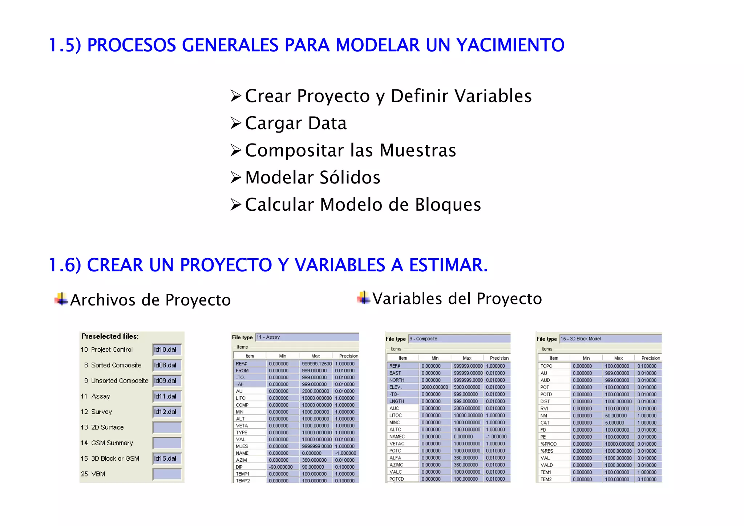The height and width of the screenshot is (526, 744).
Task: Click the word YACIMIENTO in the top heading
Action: point(510,45)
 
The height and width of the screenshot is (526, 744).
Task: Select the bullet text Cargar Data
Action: point(296,123)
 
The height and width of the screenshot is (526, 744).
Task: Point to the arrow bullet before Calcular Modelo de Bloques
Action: point(236,205)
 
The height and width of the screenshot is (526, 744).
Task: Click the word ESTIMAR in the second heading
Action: point(448,265)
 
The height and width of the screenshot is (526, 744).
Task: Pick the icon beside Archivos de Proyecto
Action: point(61,299)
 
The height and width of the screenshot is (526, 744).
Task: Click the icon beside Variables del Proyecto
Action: point(364,298)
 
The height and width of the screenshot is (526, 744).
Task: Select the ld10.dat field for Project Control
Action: point(167,350)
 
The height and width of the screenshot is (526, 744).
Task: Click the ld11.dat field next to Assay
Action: point(167,396)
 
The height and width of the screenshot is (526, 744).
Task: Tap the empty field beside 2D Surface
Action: point(167,428)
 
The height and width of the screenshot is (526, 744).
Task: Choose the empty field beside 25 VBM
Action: point(167,474)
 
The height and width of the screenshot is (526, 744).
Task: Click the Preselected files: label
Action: point(110,336)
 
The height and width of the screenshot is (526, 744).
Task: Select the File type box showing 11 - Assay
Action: point(307,337)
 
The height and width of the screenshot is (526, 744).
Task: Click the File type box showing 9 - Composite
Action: point(459,339)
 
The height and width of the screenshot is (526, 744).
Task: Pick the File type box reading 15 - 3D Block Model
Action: point(610,339)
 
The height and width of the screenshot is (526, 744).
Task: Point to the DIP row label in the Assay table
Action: point(239,467)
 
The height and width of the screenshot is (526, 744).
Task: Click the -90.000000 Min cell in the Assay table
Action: point(281,467)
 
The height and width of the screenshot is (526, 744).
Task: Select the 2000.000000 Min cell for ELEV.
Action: point(435,387)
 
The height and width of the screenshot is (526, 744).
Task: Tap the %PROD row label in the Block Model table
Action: point(549,444)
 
